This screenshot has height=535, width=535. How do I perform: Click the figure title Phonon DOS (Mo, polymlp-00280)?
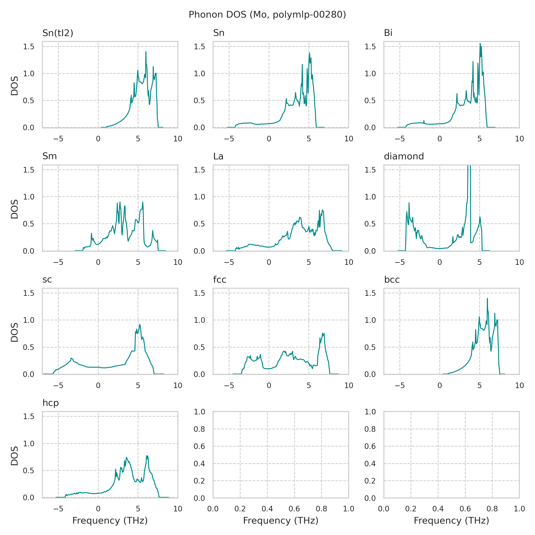(x=267, y=15)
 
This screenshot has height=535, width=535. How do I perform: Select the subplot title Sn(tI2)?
(x=58, y=33)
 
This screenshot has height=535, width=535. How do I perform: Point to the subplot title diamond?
(x=404, y=156)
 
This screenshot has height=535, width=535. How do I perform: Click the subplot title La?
(x=218, y=156)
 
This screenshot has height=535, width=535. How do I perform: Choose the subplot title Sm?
(x=49, y=156)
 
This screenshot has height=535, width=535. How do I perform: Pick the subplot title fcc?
(x=220, y=280)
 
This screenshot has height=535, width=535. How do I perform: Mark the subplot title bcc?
(x=392, y=280)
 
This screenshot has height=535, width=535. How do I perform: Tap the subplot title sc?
(x=47, y=280)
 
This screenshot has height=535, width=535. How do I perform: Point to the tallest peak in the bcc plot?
(x=487, y=298)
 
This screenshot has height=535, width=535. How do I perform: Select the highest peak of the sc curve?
(x=140, y=324)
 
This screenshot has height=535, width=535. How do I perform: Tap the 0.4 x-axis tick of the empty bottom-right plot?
(x=438, y=509)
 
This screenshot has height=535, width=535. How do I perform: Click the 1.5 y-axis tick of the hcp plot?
(x=29, y=416)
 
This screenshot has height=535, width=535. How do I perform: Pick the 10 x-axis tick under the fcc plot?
(x=349, y=385)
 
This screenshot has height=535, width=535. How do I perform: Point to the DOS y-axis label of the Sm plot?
(x=14, y=209)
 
